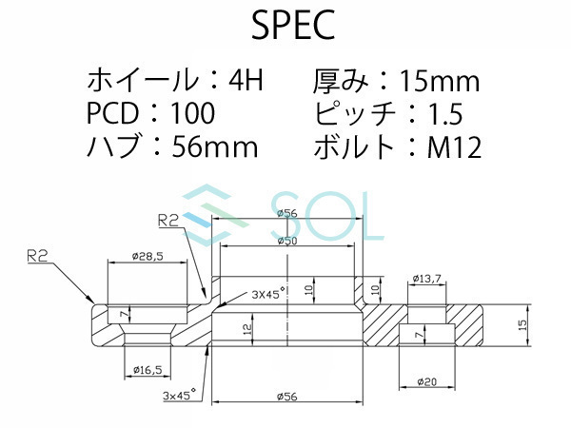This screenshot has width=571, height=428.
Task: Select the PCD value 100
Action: pyautogui.click(x=193, y=114)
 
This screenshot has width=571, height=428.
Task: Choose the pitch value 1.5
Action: pyautogui.click(x=444, y=114)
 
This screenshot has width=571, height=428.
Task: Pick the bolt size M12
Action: pyautogui.click(x=456, y=147)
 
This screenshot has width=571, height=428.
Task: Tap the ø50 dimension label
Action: pyautogui.click(x=286, y=242)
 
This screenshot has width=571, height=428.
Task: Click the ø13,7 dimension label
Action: pyautogui.click(x=427, y=279)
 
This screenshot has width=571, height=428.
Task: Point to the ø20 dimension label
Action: pyautogui.click(x=427, y=382)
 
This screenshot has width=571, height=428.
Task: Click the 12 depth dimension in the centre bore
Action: pyautogui.click(x=247, y=329)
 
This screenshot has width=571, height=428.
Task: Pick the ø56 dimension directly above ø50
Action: pyautogui.click(x=286, y=213)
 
